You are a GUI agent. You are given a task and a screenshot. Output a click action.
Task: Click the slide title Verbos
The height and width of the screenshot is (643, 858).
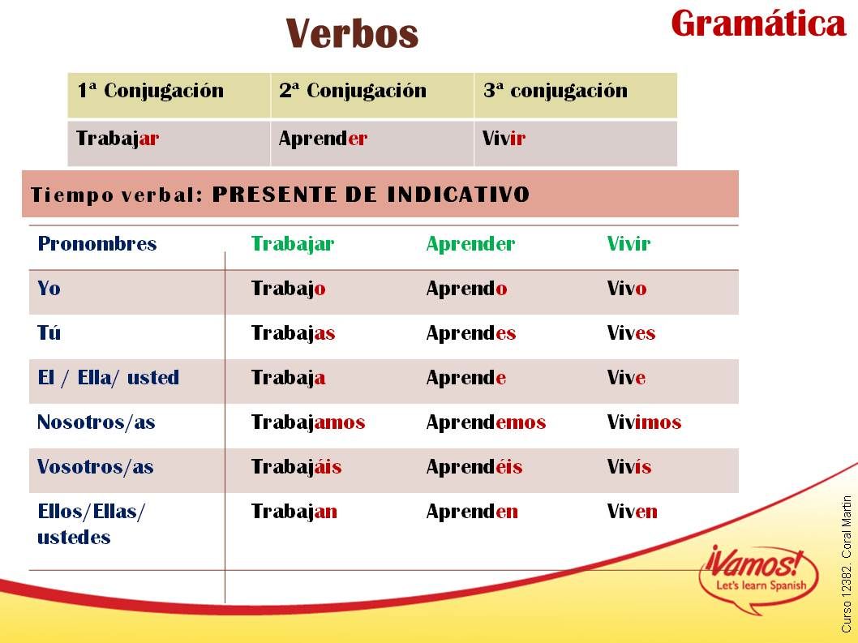pos(352,33)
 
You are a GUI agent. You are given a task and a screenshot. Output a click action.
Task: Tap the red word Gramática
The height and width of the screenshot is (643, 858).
pos(758,24)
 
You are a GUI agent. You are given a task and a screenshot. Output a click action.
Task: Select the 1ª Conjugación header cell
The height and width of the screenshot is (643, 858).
pos(169,95)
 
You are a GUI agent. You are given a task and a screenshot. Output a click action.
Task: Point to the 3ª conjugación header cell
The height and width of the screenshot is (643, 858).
pos(576,95)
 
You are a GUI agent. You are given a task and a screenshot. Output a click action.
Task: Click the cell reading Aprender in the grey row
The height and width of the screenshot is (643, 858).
pos(372,143)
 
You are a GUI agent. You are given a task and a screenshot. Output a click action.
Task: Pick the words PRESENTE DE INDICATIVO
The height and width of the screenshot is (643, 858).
pos(371,195)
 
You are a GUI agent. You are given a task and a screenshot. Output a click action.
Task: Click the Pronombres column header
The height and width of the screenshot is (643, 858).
pos(97,243)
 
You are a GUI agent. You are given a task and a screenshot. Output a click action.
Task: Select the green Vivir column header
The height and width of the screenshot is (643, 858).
pos(628,243)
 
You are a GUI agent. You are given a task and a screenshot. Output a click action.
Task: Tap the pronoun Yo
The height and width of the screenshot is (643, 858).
pos(49,288)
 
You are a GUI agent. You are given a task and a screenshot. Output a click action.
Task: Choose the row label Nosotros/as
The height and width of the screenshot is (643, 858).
pos(97,422)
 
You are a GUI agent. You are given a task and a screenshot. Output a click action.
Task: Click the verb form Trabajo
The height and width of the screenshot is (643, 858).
pos(289,289)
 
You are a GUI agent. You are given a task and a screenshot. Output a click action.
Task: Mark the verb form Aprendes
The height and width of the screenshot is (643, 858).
pos(471,333)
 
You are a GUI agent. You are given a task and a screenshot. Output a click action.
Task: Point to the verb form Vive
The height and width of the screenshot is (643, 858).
pos(626,377)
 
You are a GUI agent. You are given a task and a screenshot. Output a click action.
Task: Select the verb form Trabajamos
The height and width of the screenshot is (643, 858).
pos(308,422)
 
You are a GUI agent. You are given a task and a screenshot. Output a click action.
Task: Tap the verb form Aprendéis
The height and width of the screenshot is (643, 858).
pos(474,467)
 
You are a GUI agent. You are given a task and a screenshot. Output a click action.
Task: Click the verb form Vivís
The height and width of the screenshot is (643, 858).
pos(629,466)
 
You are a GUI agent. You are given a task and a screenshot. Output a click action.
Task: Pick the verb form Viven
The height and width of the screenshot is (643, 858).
pos(632,511)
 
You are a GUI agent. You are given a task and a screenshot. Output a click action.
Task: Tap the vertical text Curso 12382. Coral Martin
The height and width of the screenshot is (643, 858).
pos(847,564)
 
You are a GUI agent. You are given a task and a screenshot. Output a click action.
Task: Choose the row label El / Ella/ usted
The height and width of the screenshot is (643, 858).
pos(109,378)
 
